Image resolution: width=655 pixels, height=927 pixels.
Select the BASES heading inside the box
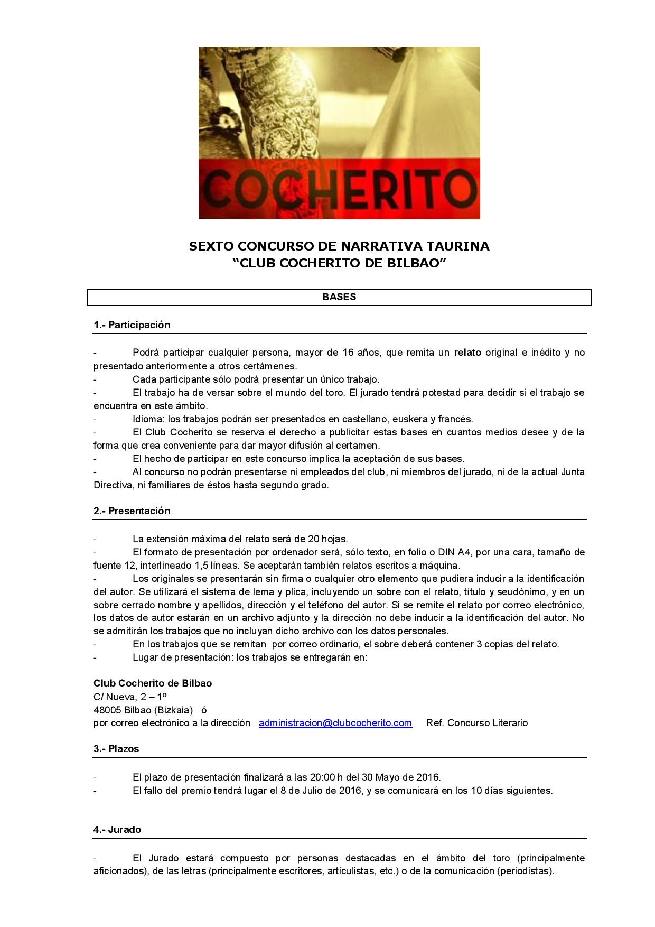(339, 297)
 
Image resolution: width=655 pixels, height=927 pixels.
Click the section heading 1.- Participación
(132, 325)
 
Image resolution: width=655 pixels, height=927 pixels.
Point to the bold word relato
(467, 353)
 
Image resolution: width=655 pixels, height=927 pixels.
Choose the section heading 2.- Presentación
(132, 511)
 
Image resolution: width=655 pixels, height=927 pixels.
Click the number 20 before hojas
(313, 539)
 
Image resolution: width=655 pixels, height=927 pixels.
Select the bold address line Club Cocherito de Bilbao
(153, 683)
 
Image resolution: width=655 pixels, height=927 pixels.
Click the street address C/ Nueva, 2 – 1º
(130, 697)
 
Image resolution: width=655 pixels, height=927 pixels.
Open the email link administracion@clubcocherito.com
(335, 723)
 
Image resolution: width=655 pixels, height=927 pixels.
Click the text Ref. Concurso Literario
(477, 723)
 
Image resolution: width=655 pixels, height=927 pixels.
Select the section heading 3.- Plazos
(116, 749)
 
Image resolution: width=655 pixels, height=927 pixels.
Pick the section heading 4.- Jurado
(117, 830)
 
